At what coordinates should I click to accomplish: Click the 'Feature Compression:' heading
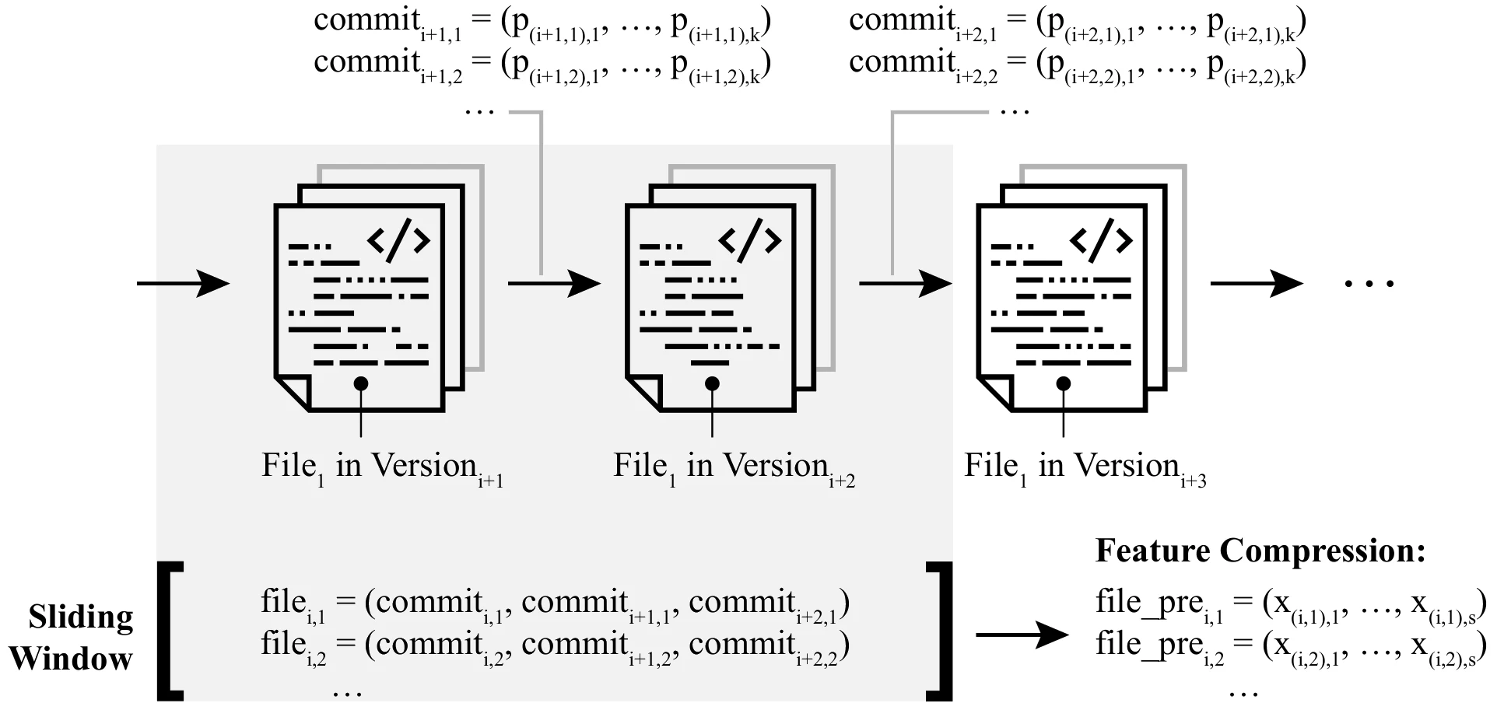tap(1260, 551)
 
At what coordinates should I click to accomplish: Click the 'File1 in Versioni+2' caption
tap(734, 467)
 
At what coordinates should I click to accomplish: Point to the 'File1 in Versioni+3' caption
tap(1085, 467)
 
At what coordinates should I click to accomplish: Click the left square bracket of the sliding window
tap(167, 630)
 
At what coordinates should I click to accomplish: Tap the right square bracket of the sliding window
tap(942, 630)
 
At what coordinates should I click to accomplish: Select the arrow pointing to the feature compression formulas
tap(1022, 635)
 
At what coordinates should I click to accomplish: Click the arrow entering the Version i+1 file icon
tap(184, 283)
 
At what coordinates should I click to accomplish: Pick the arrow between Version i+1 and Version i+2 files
tap(554, 283)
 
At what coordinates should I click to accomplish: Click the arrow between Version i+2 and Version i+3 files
tap(905, 283)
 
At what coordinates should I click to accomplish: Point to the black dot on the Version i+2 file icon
tap(712, 383)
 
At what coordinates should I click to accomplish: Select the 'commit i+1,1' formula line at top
tap(542, 23)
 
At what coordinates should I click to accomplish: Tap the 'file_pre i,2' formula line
tap(1290, 646)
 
